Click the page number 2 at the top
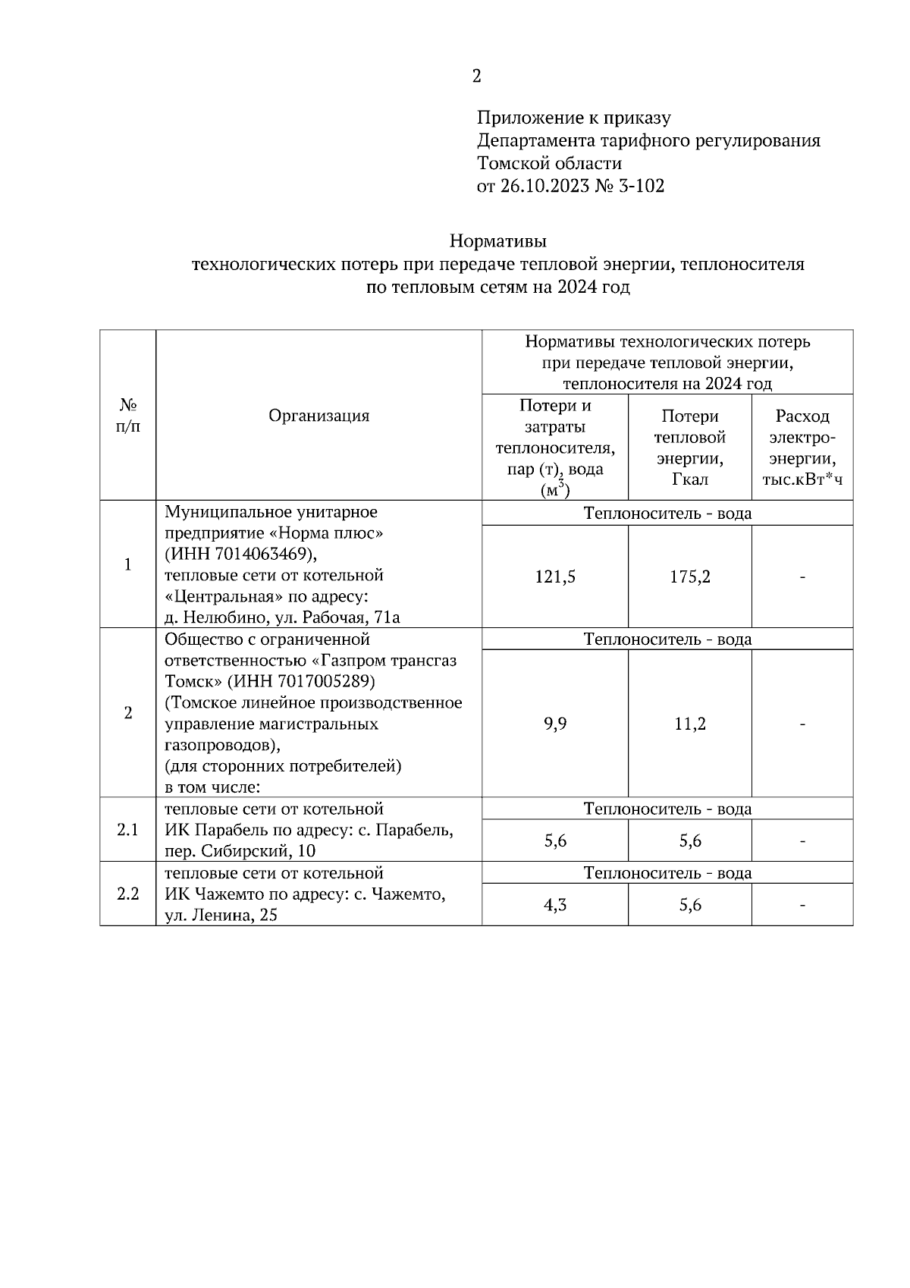tap(476, 76)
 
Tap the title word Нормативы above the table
tap(497, 242)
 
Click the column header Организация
tap(319, 416)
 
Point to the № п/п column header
tap(127, 416)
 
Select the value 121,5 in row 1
tap(555, 577)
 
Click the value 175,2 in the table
tap(689, 577)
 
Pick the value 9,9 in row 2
tap(555, 724)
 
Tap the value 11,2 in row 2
tap(689, 724)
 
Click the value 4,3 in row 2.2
tap(555, 906)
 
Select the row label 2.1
tap(127, 830)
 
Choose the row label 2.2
tap(127, 894)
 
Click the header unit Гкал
tap(689, 480)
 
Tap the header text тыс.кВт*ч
tap(802, 480)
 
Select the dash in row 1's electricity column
tap(802, 577)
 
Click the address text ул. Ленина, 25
tap(221, 916)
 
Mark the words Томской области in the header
tap(549, 164)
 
